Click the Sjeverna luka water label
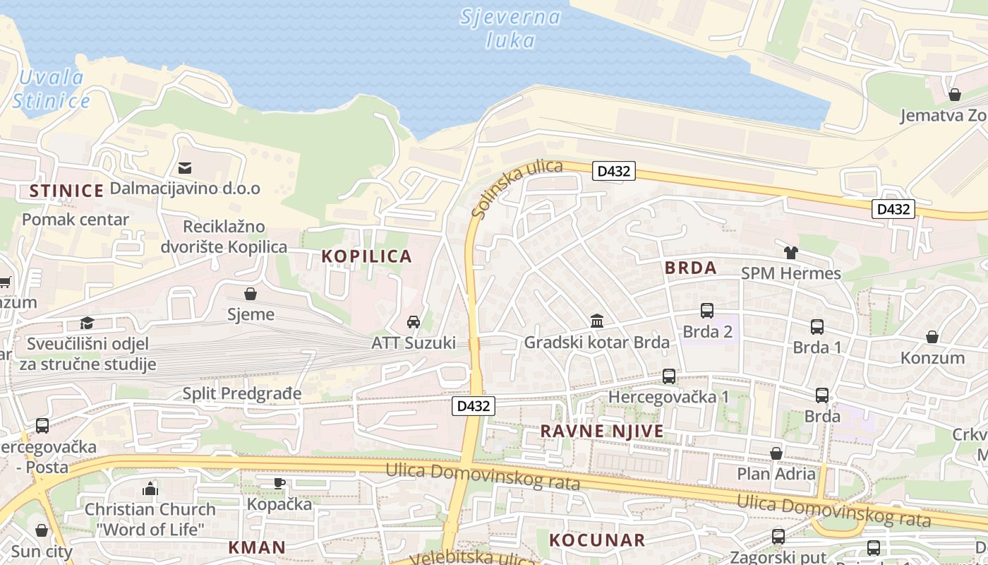pos(510,28)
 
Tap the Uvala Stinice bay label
pos(51,90)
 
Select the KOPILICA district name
pos(366,256)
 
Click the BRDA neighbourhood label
pos(690,268)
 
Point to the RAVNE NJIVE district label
pos(601,431)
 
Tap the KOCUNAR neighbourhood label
pos(597,540)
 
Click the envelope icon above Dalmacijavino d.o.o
pos(185,168)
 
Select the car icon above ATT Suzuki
pos(414,322)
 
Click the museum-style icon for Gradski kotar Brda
pos(597,321)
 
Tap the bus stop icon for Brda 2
pos(706,311)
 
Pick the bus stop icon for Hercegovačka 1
pos(668,376)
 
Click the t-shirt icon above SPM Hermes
pos(790,253)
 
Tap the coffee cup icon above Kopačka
pos(279,483)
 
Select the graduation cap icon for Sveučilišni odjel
pos(87,323)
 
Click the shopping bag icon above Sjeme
pos(250,293)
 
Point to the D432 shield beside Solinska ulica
pos(614,171)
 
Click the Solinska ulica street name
pos(517,189)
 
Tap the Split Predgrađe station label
pos(241,393)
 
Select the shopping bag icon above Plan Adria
pos(776,453)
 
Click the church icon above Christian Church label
pos(150,488)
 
